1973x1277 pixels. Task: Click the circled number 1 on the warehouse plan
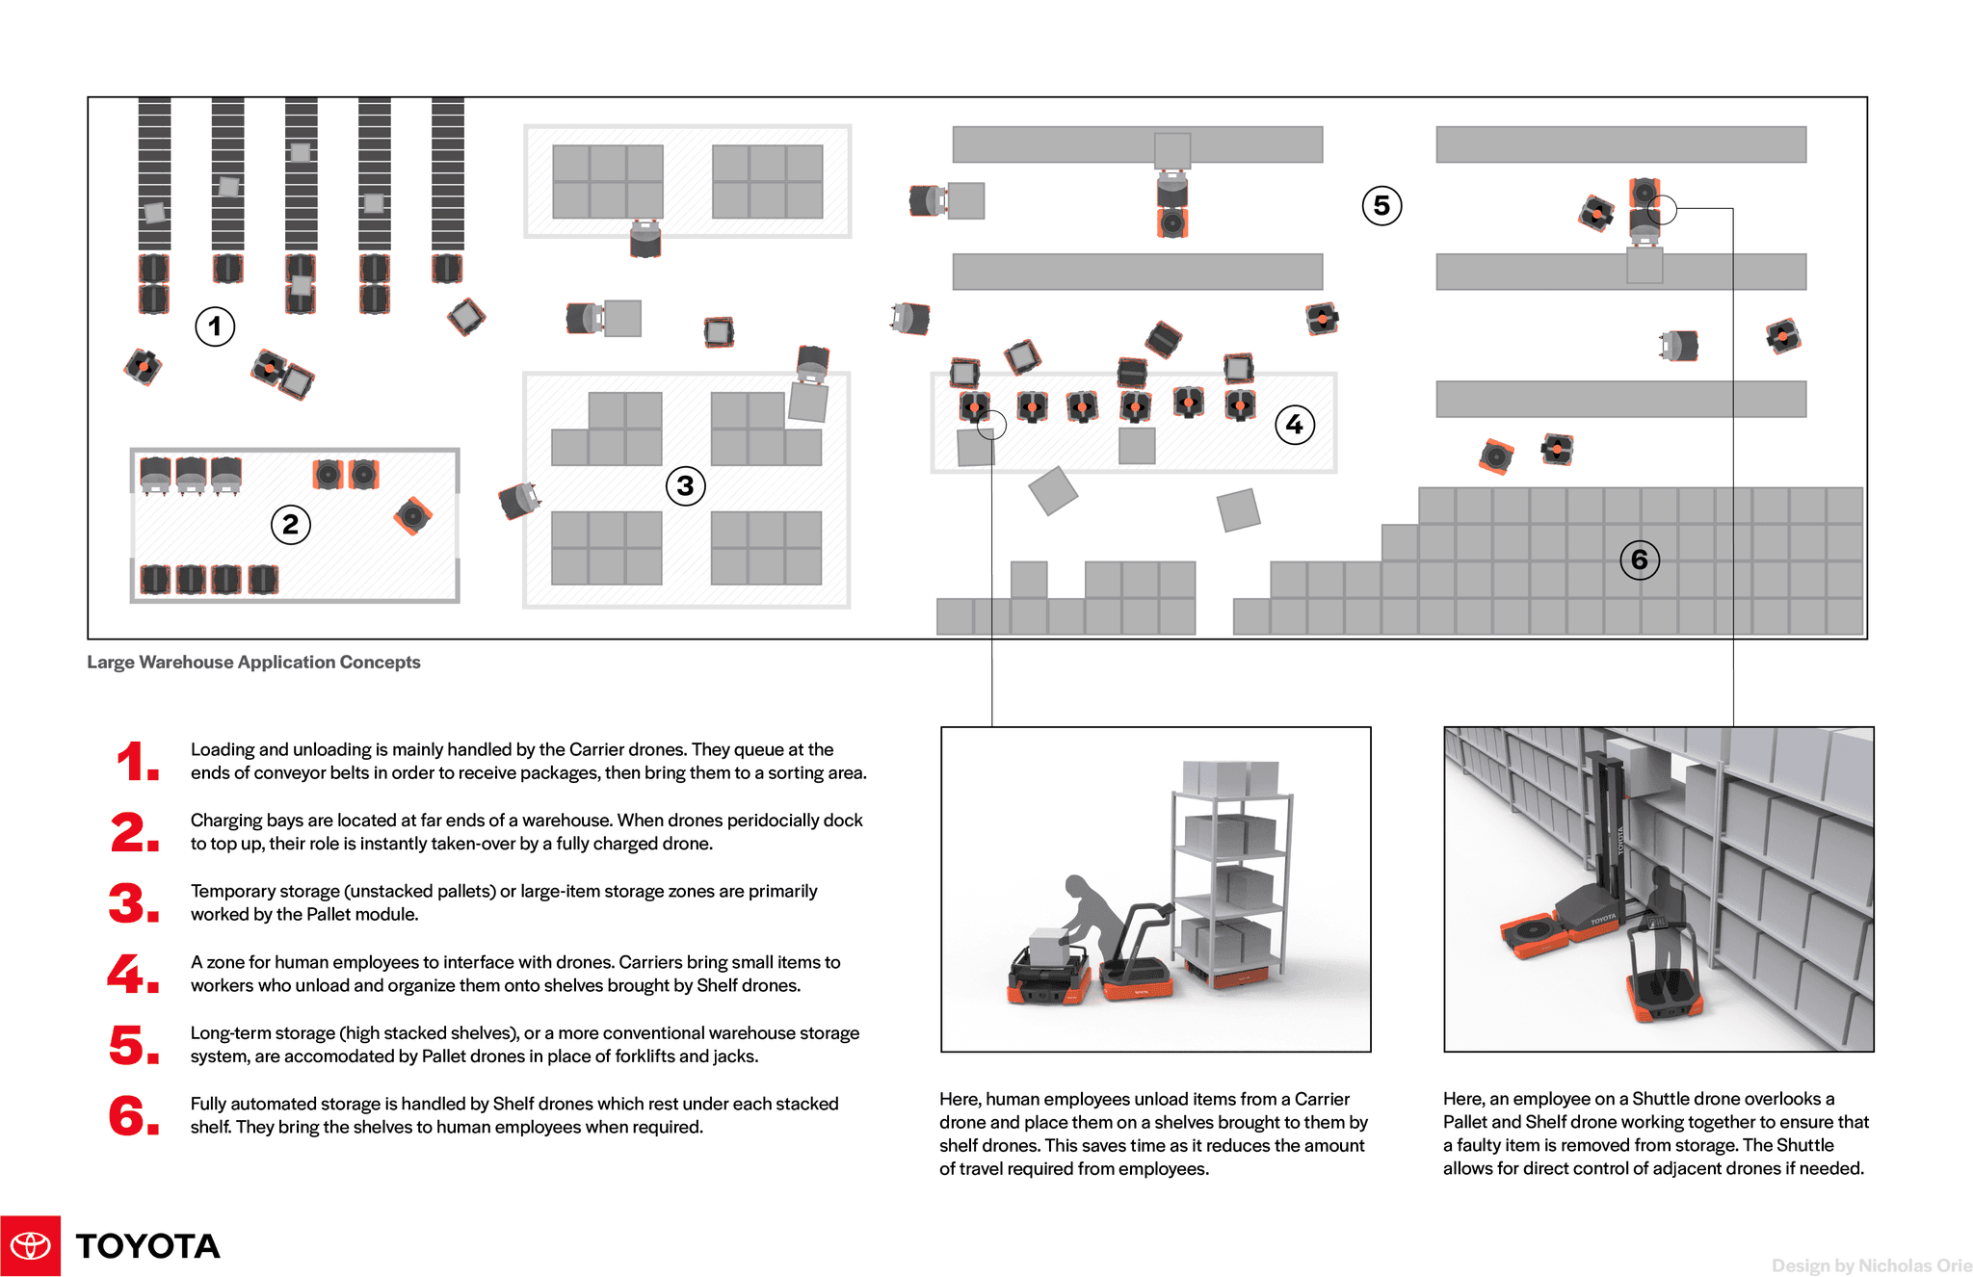pyautogui.click(x=215, y=326)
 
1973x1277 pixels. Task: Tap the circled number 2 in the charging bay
pyautogui.click(x=290, y=525)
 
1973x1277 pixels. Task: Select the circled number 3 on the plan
pyautogui.click(x=685, y=486)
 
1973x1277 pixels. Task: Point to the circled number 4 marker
pyautogui.click(x=1294, y=425)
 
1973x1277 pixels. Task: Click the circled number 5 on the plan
pyautogui.click(x=1381, y=205)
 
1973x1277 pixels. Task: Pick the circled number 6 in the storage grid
pyautogui.click(x=1639, y=560)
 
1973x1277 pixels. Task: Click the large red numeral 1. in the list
pyautogui.click(x=136, y=762)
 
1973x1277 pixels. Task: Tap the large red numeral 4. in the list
pyautogui.click(x=133, y=974)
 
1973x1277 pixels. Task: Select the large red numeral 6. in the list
pyautogui.click(x=133, y=1116)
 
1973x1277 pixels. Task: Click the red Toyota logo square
pyautogui.click(x=30, y=1245)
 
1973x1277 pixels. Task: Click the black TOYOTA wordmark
pyautogui.click(x=147, y=1246)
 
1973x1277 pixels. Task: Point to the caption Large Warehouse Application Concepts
pyautogui.click(x=253, y=663)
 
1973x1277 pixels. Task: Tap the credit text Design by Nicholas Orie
pyautogui.click(x=1871, y=1265)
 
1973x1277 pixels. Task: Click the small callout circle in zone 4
pyautogui.click(x=991, y=425)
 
